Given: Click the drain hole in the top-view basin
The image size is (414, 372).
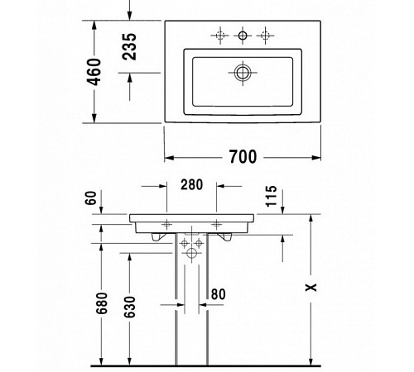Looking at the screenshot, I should (x=243, y=73).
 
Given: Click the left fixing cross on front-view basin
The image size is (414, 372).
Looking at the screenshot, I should (x=166, y=223).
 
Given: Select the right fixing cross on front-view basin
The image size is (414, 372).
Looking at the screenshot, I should (x=218, y=223).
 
